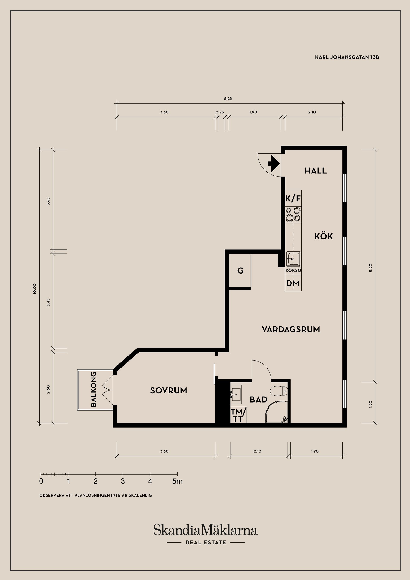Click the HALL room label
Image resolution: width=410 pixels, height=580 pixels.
[x=316, y=171]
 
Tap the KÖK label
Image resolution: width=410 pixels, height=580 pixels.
[x=324, y=236]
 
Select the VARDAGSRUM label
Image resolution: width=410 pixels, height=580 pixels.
[x=291, y=330]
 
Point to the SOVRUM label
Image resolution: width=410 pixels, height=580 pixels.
[x=168, y=391]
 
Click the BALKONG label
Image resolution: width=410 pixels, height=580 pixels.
[x=94, y=389]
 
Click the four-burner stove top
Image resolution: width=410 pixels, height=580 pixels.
[x=293, y=214]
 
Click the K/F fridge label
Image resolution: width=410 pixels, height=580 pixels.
[x=293, y=199]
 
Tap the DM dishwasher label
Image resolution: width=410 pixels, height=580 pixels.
[x=293, y=283]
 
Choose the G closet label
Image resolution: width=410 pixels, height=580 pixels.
[x=240, y=271]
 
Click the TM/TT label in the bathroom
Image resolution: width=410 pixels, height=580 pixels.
[x=238, y=416]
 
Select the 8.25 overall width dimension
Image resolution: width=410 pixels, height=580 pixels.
[x=228, y=98]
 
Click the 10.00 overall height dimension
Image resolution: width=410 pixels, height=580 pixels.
[x=35, y=289]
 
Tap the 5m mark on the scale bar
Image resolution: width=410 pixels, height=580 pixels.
[x=177, y=482]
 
